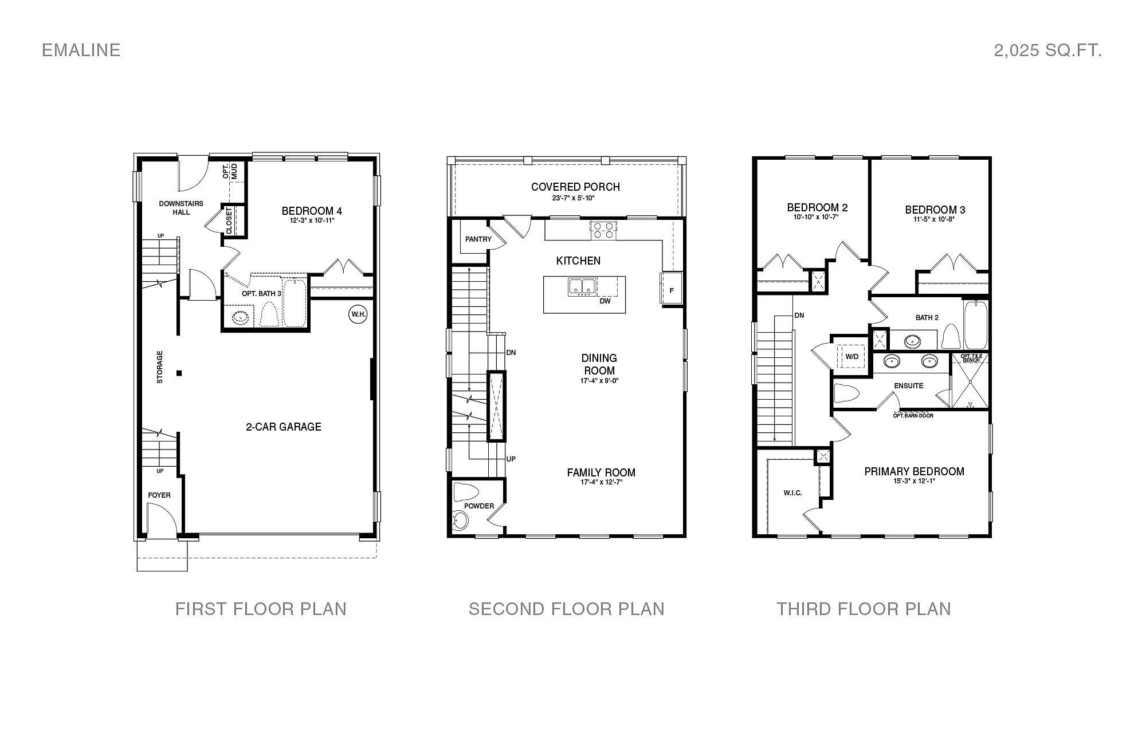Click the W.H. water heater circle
coord(358,314)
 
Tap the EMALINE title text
coord(81,50)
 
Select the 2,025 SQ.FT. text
coord(1047,50)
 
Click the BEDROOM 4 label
coord(312,210)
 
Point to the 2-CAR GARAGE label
coord(284,427)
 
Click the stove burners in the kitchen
coord(603,230)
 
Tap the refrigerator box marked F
coord(671,290)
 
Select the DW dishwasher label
coord(605,301)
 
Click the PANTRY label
coord(478,239)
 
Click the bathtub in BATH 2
coord(975,325)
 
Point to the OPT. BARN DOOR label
coord(913,415)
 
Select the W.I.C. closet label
coord(792,493)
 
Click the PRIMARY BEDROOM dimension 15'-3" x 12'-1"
coord(914,481)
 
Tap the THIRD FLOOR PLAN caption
coord(864,609)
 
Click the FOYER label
coord(159,495)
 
